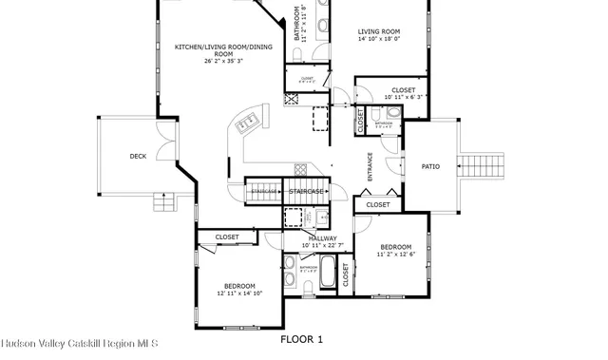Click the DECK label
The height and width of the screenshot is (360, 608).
[138, 157]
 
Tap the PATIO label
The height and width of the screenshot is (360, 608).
[430, 166]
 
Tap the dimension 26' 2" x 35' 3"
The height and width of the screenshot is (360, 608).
[210, 61]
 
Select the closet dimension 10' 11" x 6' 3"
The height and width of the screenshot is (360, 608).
[406, 97]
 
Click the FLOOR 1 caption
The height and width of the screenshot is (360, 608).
[302, 339]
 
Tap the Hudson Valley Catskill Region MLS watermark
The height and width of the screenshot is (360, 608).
[79, 342]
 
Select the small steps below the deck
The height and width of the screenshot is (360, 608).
[166, 201]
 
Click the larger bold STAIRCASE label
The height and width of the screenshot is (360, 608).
[307, 192]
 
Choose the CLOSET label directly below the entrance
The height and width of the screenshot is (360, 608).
[377, 204]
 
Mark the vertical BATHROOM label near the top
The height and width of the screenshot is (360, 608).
[296, 26]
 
